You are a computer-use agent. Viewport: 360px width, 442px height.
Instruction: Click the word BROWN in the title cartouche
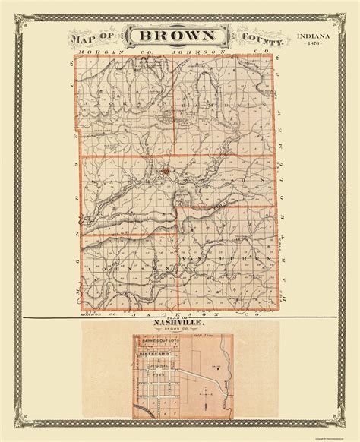click(x=178, y=36)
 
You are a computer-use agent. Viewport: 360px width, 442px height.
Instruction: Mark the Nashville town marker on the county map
click(x=166, y=172)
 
